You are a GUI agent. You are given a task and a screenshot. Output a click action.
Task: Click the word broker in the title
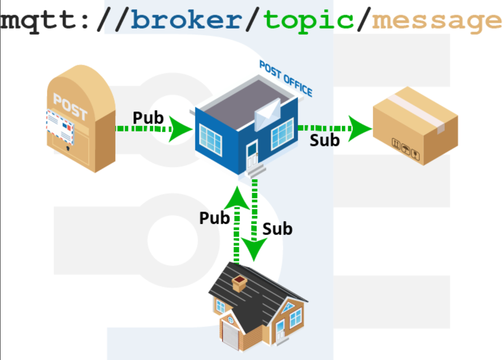click(x=187, y=19)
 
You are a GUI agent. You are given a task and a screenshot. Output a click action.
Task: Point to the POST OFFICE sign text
click(x=286, y=78)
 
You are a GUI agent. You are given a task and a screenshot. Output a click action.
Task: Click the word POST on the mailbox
click(x=70, y=106)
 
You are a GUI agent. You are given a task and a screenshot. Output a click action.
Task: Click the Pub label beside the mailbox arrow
click(x=148, y=118)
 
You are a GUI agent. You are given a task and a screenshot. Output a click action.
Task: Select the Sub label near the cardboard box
click(x=325, y=140)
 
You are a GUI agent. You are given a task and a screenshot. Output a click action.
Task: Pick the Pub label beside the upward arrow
click(x=215, y=218)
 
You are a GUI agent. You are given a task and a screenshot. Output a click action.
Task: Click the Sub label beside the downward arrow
click(x=278, y=229)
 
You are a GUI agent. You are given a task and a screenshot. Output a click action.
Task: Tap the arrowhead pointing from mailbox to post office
click(x=180, y=129)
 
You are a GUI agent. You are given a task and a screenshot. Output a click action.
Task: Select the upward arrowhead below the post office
click(x=237, y=198)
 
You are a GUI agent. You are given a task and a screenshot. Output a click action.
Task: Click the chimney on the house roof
click(x=239, y=284)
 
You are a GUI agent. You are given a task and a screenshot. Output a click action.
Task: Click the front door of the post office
click(x=252, y=156)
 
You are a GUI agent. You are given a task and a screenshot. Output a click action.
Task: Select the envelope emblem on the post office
click(x=268, y=115)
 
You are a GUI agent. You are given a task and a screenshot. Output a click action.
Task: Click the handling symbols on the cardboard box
click(x=406, y=149)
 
